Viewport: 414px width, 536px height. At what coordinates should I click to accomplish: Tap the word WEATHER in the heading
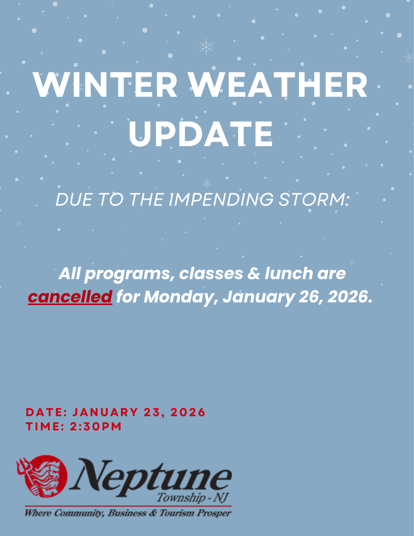pyautogui.click(x=279, y=85)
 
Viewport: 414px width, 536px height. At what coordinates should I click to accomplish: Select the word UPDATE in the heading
pyautogui.click(x=201, y=134)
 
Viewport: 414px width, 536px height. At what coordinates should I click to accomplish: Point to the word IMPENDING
pyautogui.click(x=221, y=199)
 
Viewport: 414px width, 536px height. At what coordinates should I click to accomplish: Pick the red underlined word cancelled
pyautogui.click(x=70, y=297)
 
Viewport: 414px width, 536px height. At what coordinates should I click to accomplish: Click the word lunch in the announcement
pyautogui.click(x=289, y=273)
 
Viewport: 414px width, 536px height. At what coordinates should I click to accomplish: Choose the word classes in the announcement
pyautogui.click(x=211, y=273)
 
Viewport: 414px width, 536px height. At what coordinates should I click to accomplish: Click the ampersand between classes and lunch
pyautogui.click(x=254, y=273)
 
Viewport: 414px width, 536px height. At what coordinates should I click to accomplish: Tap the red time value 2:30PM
pyautogui.click(x=96, y=427)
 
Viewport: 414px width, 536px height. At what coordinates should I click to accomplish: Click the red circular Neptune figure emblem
pyautogui.click(x=46, y=476)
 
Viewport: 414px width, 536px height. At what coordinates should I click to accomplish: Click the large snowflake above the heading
pyautogui.click(x=206, y=47)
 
